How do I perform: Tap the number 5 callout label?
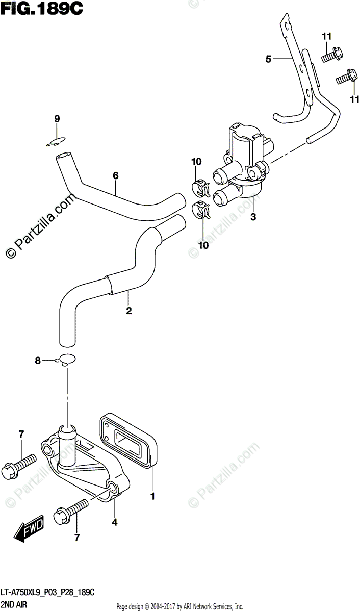268,60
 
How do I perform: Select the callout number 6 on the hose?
116,175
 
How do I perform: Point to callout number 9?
57,119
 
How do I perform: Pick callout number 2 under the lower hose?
128,310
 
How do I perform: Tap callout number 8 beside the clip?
38,361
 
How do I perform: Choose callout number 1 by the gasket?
151,495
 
